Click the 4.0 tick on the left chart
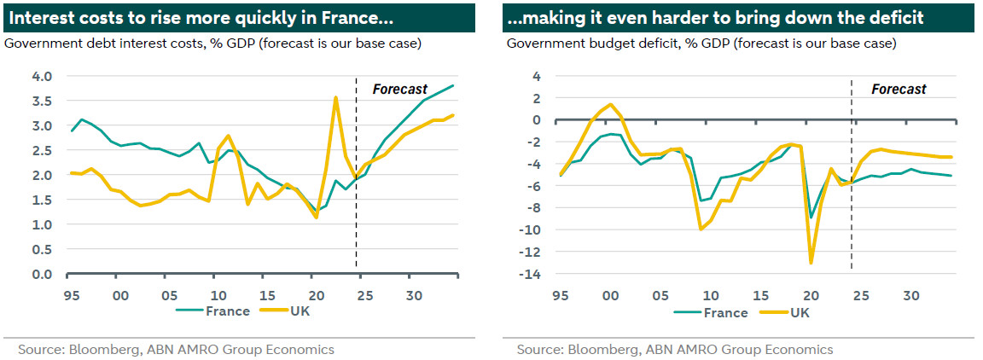(x=42, y=76)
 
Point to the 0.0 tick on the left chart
(x=42, y=275)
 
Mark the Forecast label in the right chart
(x=899, y=89)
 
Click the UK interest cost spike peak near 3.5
(x=335, y=97)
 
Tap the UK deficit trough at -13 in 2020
(x=811, y=262)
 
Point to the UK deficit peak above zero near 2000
(x=609, y=105)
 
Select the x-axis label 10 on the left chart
(x=218, y=295)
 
